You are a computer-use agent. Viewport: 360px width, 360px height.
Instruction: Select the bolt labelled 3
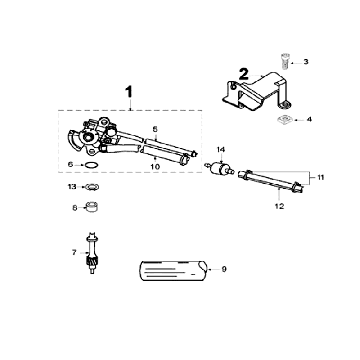[282, 61]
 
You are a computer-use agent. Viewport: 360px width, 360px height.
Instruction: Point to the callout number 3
[307, 63]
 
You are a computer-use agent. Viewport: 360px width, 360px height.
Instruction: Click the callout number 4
[308, 120]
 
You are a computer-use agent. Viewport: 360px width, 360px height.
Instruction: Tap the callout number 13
[72, 187]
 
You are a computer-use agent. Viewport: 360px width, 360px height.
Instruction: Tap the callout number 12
[280, 205]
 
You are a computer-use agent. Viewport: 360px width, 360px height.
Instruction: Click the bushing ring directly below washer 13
[91, 207]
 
